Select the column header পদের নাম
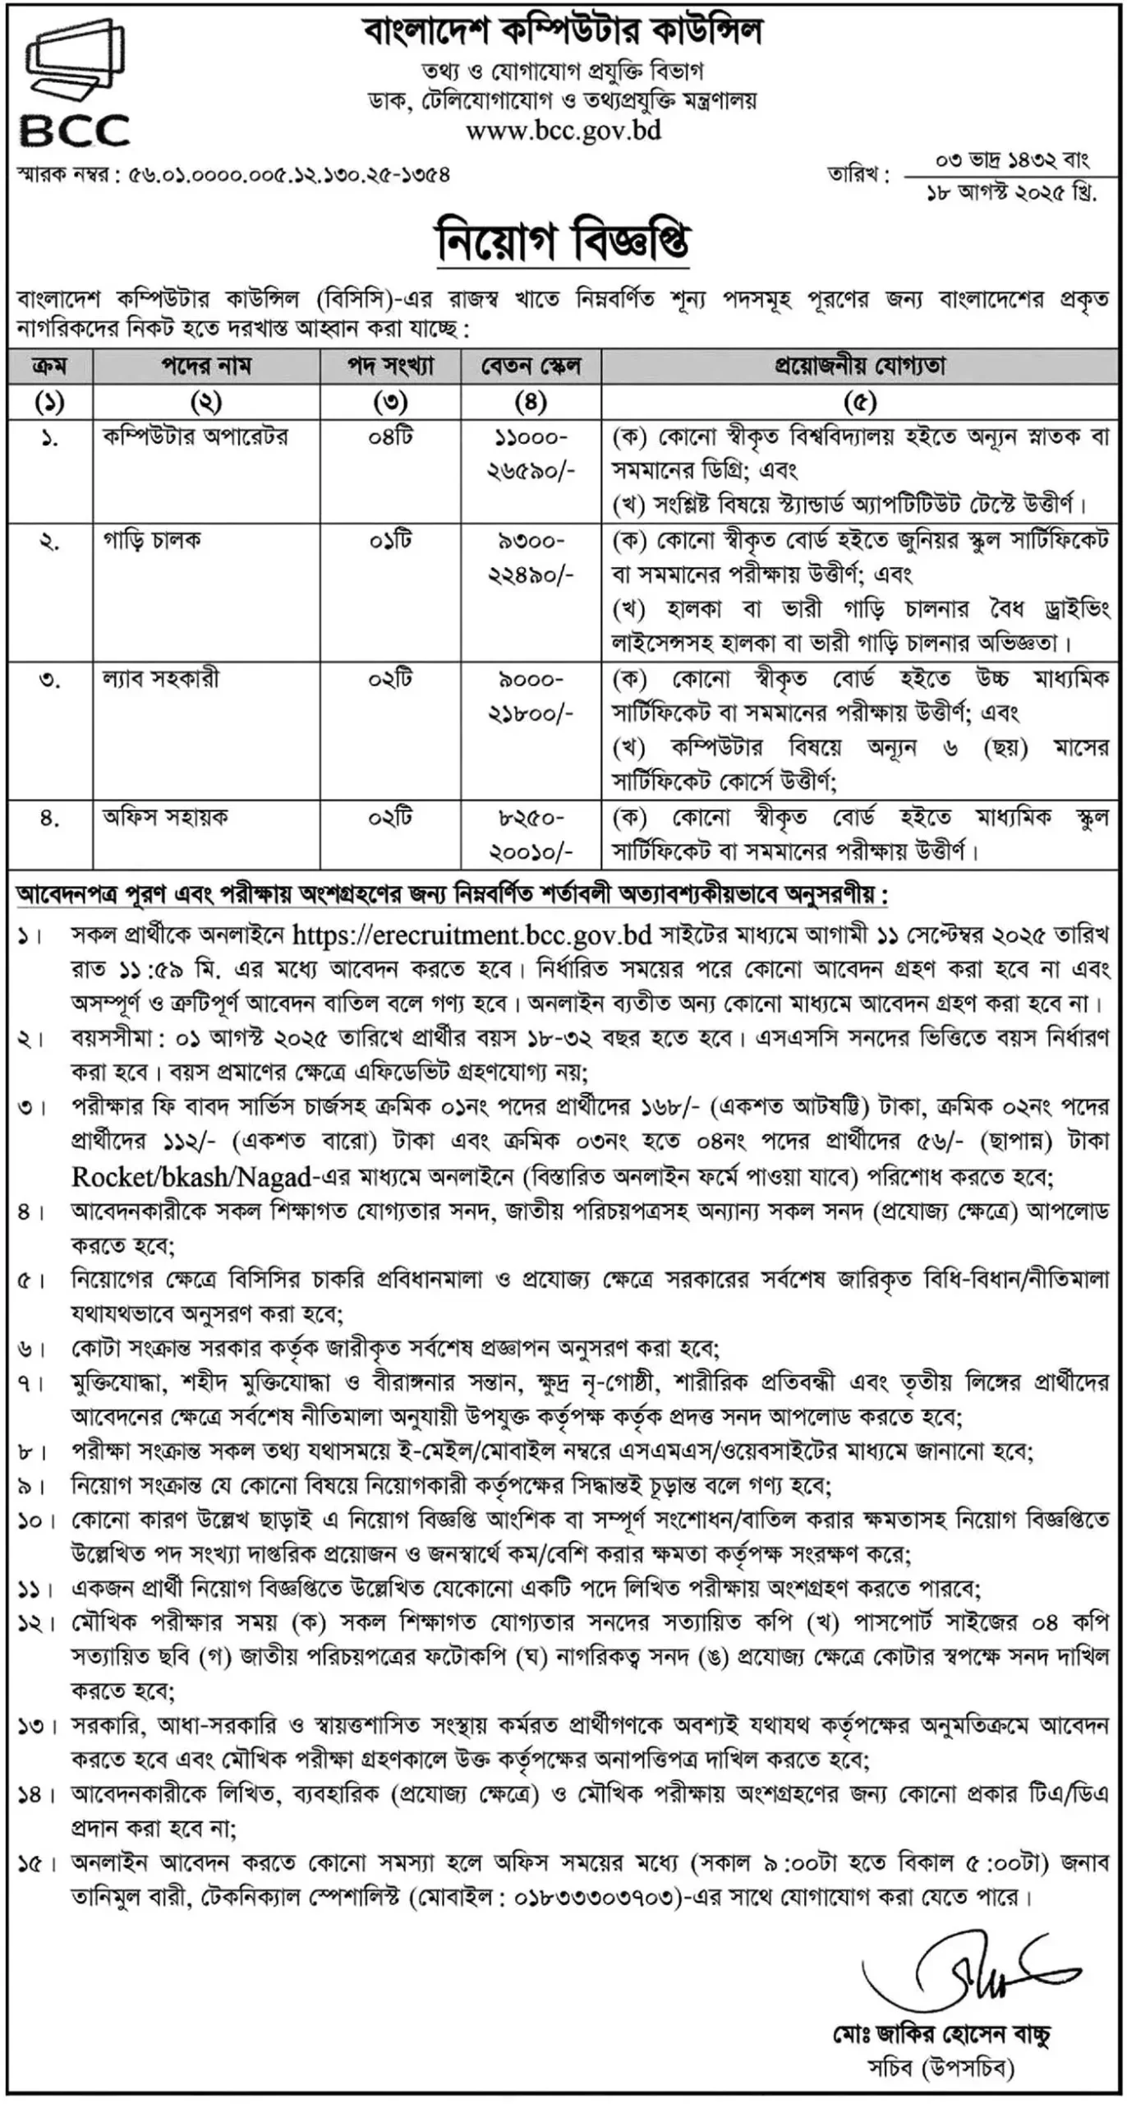point(205,367)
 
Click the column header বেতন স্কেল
point(531,367)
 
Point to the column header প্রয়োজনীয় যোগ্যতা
point(859,367)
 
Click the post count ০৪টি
point(390,436)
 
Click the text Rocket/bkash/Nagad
point(191,1178)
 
